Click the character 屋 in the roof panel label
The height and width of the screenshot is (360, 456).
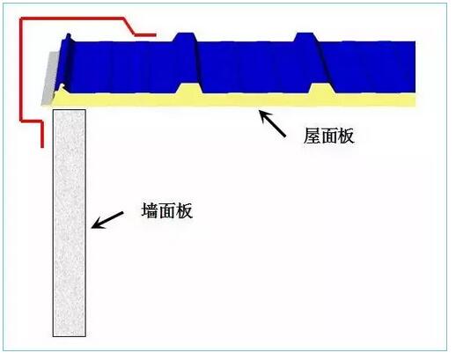point(312,136)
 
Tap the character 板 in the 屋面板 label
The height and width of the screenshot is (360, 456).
point(346,136)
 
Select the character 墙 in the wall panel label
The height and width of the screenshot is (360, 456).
point(150,210)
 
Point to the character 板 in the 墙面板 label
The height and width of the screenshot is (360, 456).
point(184,210)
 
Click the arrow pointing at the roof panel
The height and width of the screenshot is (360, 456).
point(272,123)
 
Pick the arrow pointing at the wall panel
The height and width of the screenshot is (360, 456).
point(107,220)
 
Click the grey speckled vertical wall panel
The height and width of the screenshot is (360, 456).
point(70,223)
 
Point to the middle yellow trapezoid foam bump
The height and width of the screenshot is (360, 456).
point(189,89)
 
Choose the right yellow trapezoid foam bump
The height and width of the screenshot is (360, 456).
point(322,89)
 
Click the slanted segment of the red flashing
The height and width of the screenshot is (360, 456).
point(129,26)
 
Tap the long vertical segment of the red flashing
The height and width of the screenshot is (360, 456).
point(21,70)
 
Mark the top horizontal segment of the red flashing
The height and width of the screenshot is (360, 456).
point(72,18)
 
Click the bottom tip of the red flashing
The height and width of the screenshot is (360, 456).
point(42,147)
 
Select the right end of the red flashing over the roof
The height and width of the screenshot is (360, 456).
point(155,35)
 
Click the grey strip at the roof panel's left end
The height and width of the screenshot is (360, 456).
point(49,78)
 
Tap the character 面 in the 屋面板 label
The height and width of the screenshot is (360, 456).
point(328,136)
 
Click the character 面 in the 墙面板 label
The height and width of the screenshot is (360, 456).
point(167,210)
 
